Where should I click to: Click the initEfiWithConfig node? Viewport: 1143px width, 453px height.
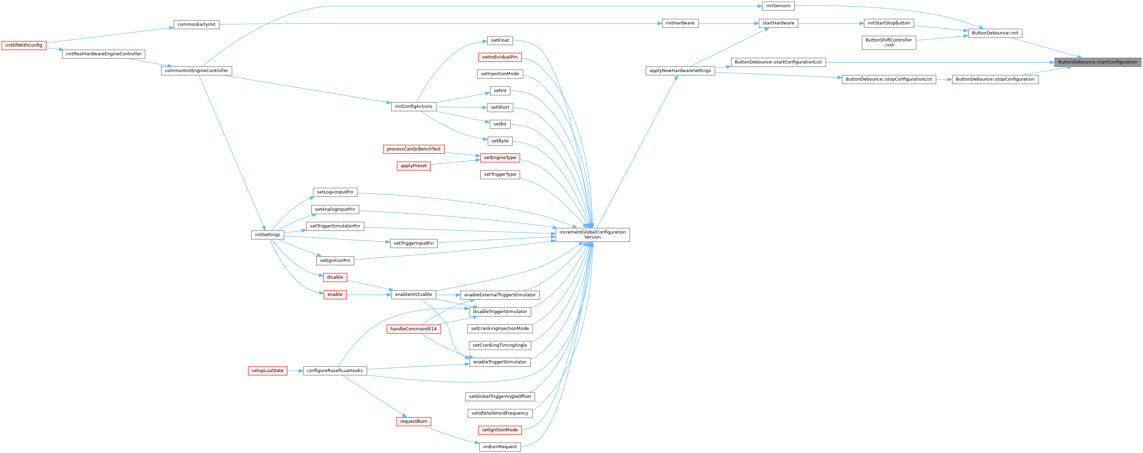click(x=24, y=45)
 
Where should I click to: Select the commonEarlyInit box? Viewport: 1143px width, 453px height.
click(x=196, y=24)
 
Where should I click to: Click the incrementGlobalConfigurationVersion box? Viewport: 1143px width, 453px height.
click(x=592, y=235)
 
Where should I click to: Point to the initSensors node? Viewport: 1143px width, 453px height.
click(x=778, y=6)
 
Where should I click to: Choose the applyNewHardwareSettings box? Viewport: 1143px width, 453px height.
click(x=680, y=71)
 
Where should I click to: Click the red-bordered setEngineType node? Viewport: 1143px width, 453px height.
click(x=499, y=157)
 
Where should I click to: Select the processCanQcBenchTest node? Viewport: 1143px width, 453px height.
click(x=414, y=149)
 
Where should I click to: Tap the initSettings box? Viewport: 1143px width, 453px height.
click(x=267, y=235)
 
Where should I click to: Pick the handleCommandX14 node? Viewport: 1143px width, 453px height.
click(x=414, y=329)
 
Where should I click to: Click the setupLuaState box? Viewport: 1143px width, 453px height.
click(x=267, y=370)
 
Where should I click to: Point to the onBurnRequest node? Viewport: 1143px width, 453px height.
click(x=499, y=447)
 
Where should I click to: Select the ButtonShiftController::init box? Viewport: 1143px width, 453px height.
click(x=889, y=42)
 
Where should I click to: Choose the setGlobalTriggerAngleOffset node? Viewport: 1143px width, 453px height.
click(x=499, y=396)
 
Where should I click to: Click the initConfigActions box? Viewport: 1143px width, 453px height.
click(x=414, y=106)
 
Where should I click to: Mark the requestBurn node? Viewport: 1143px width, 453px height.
click(x=414, y=421)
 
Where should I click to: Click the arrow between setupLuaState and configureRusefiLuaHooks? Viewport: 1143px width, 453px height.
click(x=295, y=370)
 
